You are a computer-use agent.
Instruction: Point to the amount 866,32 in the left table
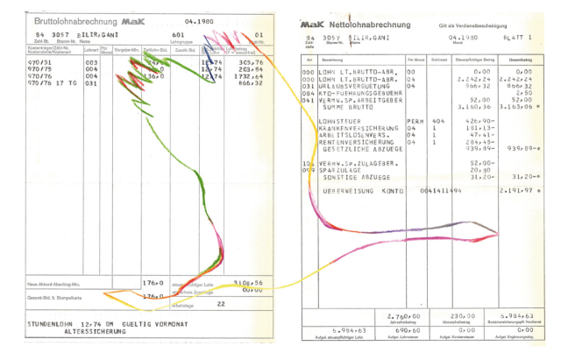click(x=251, y=84)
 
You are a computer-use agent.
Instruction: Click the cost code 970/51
click(x=39, y=63)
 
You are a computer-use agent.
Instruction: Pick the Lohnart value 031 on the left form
click(x=91, y=84)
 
